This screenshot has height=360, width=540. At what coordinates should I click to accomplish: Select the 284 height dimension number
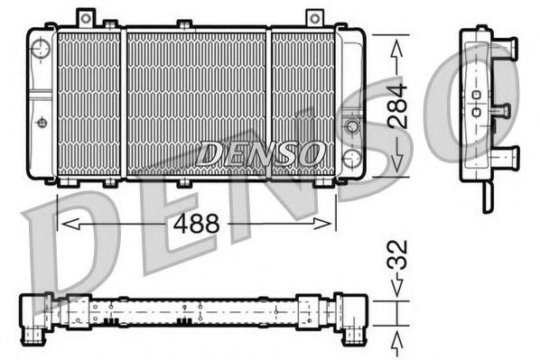[398, 106]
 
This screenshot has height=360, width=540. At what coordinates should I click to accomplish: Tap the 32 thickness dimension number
[398, 262]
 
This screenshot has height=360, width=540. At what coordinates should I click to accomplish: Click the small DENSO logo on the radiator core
[261, 154]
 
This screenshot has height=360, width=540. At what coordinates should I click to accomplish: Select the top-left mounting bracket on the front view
[87, 17]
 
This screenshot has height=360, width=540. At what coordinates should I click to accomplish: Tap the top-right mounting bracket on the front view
[314, 17]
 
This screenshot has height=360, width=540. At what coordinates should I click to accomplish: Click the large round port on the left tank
[40, 50]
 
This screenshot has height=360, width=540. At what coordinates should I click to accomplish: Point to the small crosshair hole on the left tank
[41, 121]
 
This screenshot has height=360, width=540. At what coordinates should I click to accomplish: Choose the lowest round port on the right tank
[352, 162]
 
